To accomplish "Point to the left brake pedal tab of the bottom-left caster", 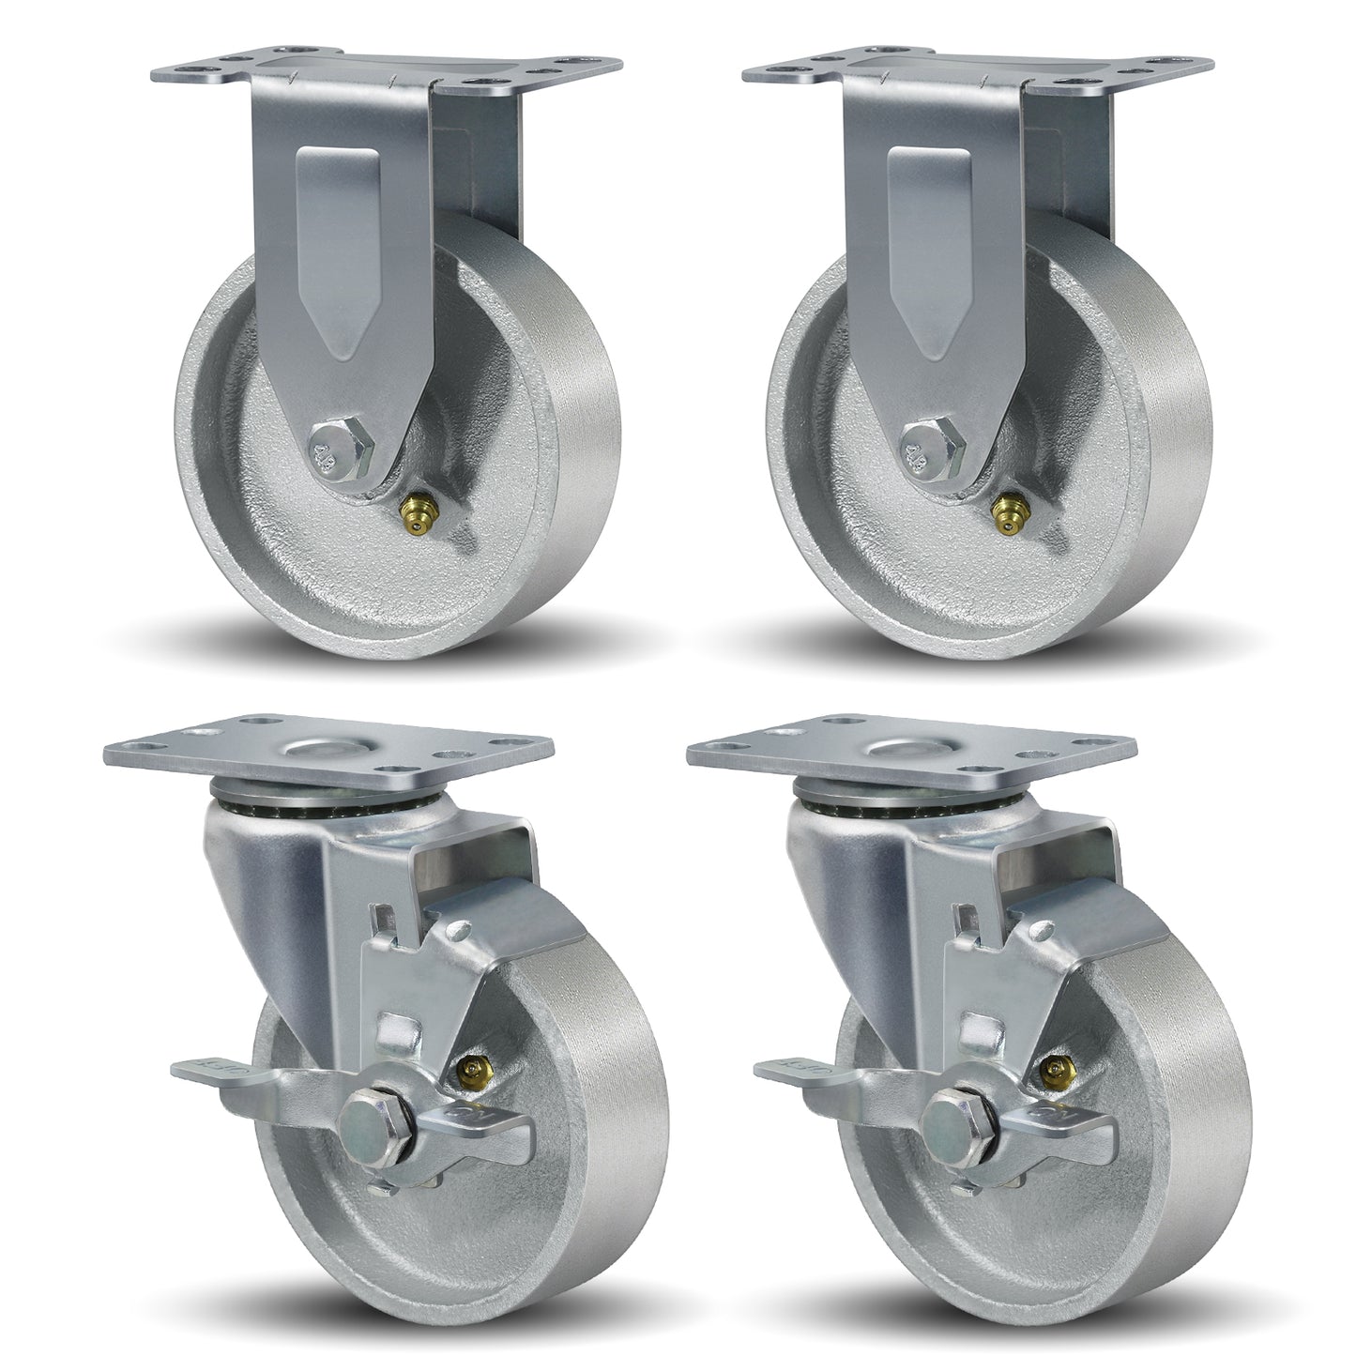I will (x=211, y=1065).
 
